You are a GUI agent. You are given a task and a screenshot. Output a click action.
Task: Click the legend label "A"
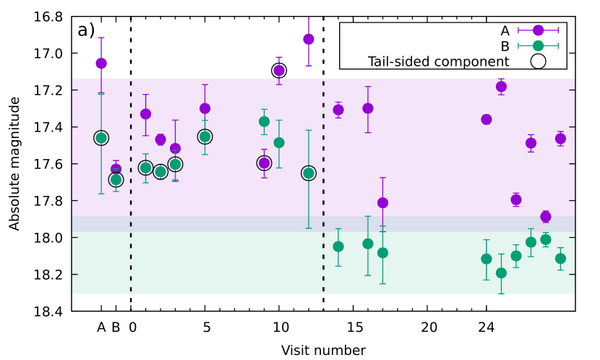(x=505, y=30)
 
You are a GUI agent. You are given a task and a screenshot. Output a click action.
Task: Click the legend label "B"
(x=505, y=46)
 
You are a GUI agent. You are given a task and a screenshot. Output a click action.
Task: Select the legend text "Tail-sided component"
(x=438, y=62)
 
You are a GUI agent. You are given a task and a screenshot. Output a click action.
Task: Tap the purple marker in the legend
(x=538, y=30)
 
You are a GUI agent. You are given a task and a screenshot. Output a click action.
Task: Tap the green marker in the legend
(x=538, y=46)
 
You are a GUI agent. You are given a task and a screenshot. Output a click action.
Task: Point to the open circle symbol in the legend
(x=538, y=62)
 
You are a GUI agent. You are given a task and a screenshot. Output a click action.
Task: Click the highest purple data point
(x=309, y=39)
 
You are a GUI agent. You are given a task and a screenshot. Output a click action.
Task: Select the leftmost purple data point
(x=101, y=64)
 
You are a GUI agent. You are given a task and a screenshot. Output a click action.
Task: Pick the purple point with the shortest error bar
(x=279, y=70)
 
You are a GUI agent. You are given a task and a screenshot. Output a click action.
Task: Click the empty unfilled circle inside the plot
(x=264, y=163)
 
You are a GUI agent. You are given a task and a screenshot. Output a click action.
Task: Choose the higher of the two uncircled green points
(x=264, y=121)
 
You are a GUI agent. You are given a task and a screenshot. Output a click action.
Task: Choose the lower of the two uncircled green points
(x=279, y=142)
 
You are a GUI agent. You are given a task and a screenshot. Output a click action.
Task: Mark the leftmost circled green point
(x=101, y=138)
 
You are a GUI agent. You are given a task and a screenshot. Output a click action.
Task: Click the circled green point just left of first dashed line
(x=116, y=179)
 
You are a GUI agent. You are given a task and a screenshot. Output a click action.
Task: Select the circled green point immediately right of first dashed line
(x=145, y=168)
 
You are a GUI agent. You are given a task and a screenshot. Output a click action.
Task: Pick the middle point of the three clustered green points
(x=160, y=172)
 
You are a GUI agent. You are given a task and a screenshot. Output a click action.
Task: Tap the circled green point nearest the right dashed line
(x=309, y=173)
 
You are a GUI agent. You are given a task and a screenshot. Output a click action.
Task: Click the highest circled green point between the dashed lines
(x=205, y=137)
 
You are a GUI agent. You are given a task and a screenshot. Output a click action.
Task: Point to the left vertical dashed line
(x=131, y=188)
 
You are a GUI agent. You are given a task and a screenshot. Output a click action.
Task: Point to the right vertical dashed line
(x=323, y=188)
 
